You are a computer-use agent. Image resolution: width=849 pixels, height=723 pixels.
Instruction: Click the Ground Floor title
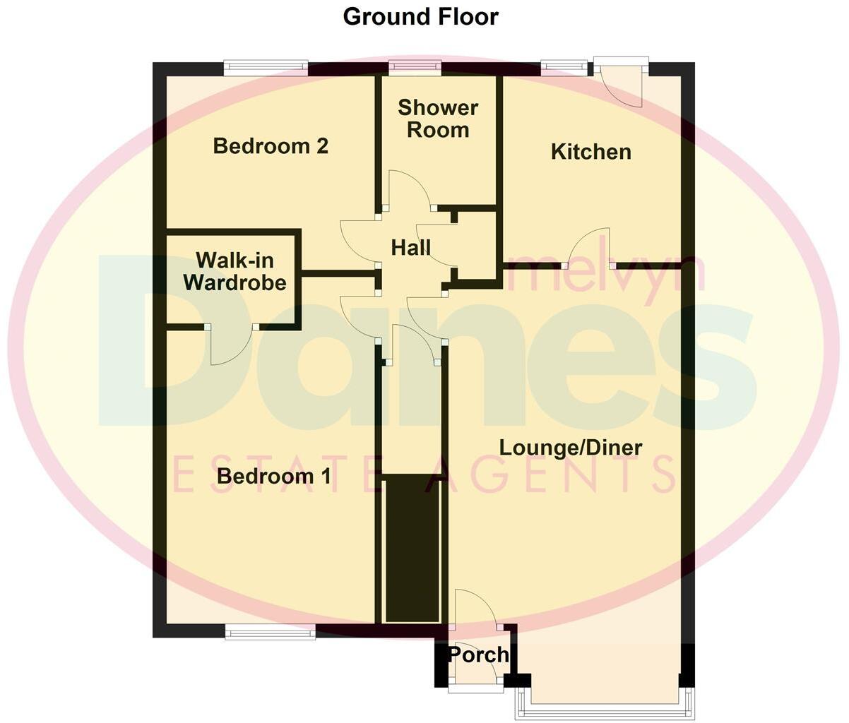click(x=420, y=17)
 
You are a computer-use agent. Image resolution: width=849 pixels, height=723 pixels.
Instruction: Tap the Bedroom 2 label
click(x=271, y=146)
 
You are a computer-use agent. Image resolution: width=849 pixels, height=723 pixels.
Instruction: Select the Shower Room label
click(x=438, y=119)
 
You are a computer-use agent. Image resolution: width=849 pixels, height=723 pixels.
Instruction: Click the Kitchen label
click(x=590, y=152)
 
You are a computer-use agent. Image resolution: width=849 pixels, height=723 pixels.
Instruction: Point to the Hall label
click(x=410, y=248)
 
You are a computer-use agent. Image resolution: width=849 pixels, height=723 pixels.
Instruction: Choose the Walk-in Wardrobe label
click(x=234, y=272)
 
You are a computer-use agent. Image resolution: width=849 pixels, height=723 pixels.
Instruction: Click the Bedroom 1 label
click(x=273, y=476)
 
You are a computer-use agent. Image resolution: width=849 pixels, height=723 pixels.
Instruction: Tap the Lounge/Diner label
click(x=571, y=448)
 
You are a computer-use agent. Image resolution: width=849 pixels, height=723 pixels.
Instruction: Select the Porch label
click(x=478, y=655)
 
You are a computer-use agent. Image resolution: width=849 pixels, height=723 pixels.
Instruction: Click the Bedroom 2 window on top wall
click(x=266, y=68)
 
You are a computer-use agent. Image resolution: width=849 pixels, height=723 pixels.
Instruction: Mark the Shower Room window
click(x=415, y=68)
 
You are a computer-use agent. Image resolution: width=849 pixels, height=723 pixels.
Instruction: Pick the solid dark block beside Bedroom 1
click(x=412, y=549)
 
